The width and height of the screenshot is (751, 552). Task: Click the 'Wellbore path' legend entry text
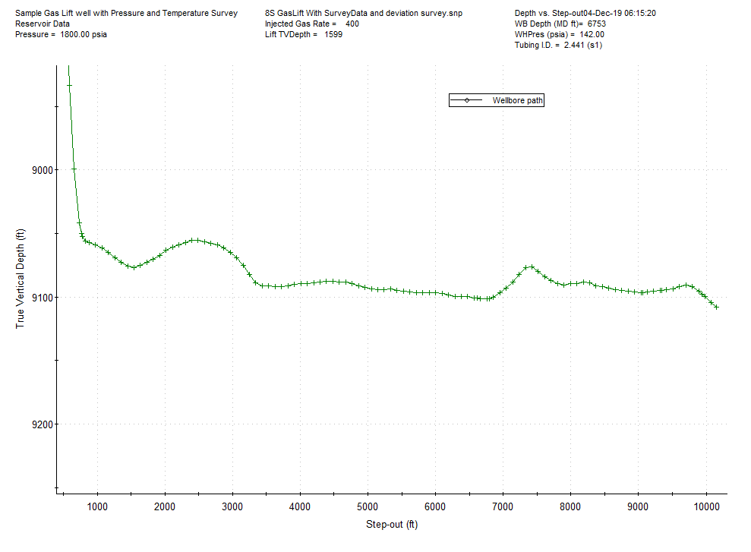click(x=518, y=100)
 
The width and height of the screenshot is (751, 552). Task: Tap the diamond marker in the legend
click(x=467, y=100)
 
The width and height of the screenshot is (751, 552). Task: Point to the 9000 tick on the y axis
click(x=37, y=169)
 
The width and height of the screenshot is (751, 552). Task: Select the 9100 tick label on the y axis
click(x=37, y=297)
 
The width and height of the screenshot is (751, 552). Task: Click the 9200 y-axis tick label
click(x=37, y=424)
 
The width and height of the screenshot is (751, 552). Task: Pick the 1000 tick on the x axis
click(x=96, y=507)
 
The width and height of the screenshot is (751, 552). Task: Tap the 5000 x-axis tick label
click(x=368, y=507)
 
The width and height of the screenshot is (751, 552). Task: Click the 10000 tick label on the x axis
click(x=706, y=507)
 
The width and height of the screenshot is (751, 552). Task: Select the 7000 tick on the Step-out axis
click(x=503, y=507)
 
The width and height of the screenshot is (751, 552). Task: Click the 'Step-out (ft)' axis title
click(x=392, y=525)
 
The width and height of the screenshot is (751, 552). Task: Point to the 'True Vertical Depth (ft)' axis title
click(x=21, y=279)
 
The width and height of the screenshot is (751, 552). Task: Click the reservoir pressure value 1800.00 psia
click(x=84, y=35)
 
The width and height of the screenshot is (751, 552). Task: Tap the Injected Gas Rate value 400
click(x=352, y=24)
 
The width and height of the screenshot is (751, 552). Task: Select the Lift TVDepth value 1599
click(x=333, y=35)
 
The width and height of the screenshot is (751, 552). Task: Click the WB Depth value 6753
click(x=597, y=24)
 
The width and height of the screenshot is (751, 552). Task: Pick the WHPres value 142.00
click(x=591, y=35)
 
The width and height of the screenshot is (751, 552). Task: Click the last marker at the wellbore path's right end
click(x=716, y=307)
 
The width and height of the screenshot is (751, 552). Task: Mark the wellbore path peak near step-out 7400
click(x=531, y=267)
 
